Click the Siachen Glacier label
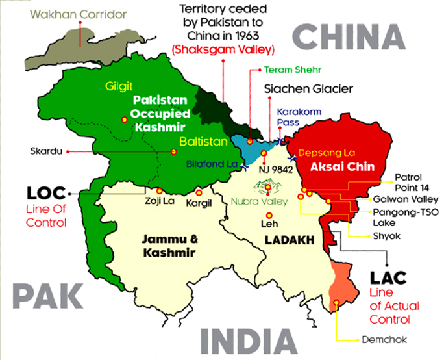tap(308, 88)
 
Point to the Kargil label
tap(201, 203)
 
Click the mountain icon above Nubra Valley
tap(268, 190)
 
